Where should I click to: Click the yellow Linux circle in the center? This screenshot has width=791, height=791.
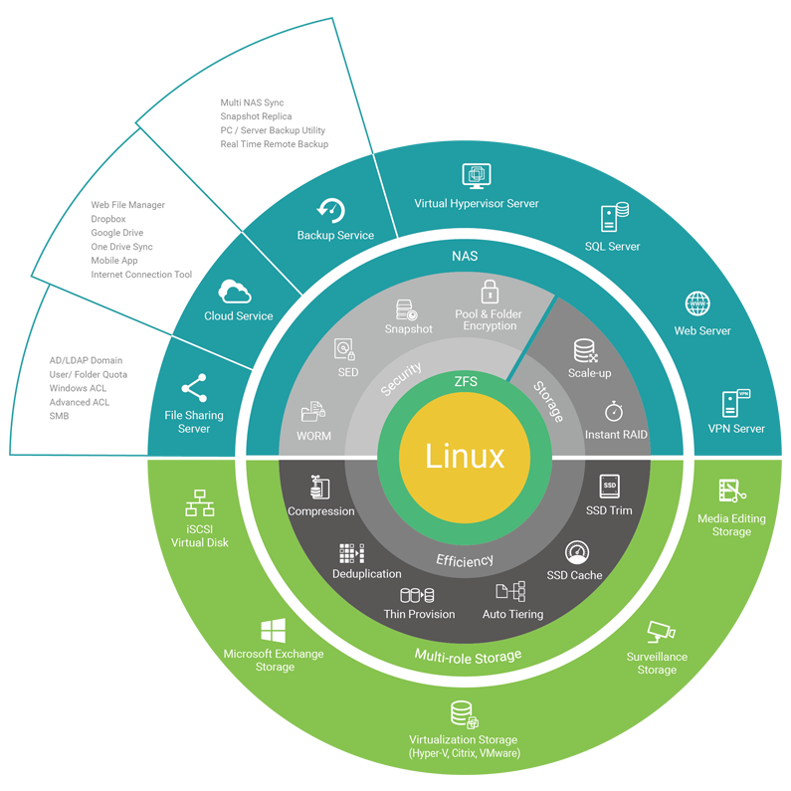(465, 456)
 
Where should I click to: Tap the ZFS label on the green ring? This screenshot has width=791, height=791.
(465, 381)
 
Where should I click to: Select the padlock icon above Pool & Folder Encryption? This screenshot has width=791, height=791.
(489, 292)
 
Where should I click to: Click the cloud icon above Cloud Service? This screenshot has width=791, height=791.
(238, 291)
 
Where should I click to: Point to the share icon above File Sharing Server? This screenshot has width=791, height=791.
(194, 387)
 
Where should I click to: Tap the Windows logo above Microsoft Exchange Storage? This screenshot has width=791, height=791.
(274, 630)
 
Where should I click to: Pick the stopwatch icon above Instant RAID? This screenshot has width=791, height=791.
(614, 411)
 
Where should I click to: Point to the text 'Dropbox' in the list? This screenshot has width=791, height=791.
(108, 219)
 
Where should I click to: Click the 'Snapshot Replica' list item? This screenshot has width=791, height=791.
(256, 116)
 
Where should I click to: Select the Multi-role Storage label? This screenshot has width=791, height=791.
(468, 656)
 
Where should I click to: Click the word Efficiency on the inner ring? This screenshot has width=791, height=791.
(465, 560)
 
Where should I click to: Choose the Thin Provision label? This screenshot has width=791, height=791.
(419, 614)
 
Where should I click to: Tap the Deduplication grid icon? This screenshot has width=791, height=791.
(352, 553)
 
